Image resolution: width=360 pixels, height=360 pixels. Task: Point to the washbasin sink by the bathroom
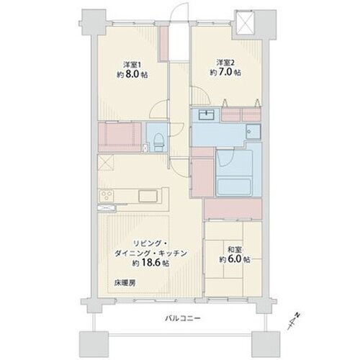[206, 116]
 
